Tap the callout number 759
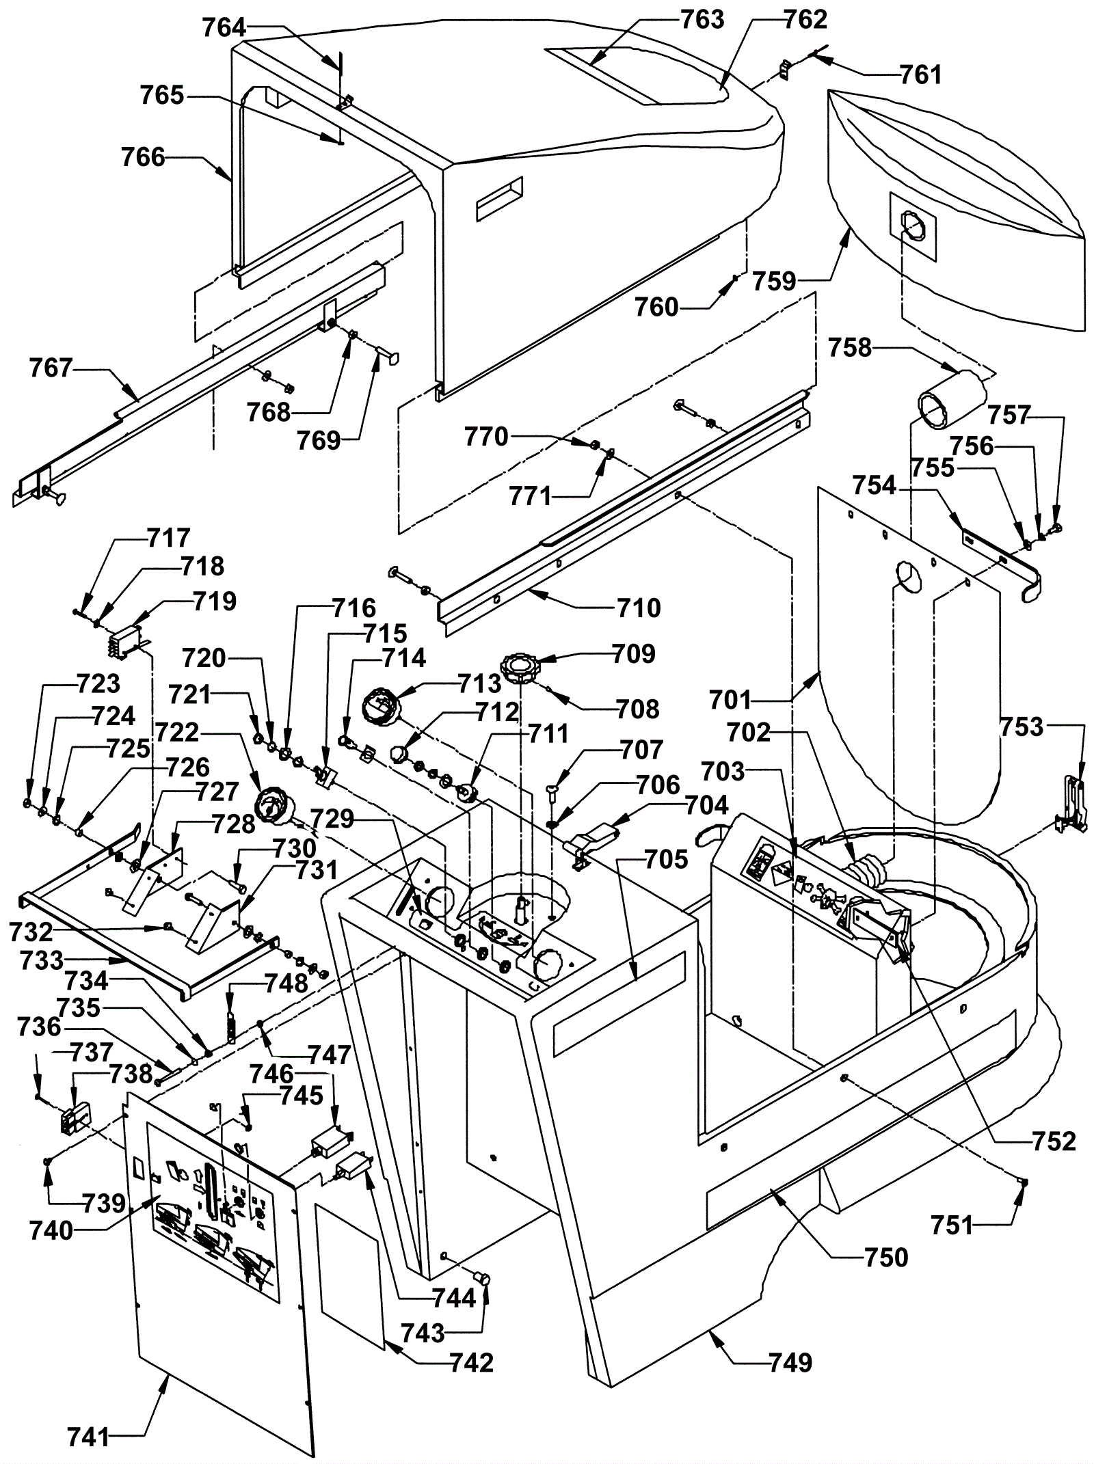click(x=775, y=281)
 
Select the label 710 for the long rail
click(x=639, y=608)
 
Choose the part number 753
click(x=1022, y=727)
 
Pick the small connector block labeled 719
click(x=125, y=642)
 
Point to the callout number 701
click(x=730, y=700)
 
